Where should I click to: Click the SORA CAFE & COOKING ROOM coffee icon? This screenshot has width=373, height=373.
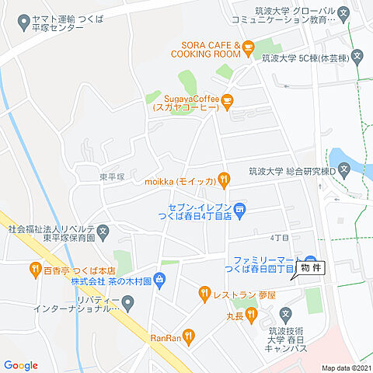(248, 49)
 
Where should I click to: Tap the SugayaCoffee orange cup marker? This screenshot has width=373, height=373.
(227, 100)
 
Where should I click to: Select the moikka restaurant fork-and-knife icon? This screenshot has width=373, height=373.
(224, 180)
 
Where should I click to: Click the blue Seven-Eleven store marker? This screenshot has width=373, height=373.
(240, 207)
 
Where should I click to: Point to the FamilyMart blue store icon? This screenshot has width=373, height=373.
(311, 261)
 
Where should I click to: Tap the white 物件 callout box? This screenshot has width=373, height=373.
(310, 268)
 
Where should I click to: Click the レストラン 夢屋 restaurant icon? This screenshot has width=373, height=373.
(205, 293)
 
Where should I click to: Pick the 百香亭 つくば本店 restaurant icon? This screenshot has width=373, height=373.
(35, 270)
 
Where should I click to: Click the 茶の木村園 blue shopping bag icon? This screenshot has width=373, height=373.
(159, 278)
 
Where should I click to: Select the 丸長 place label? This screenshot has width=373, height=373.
(235, 316)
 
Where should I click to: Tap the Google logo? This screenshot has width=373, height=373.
(20, 365)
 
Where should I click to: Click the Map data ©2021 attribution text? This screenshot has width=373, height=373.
(347, 368)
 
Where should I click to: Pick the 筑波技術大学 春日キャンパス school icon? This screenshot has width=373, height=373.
(285, 314)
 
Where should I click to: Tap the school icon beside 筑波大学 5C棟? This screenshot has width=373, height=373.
(357, 56)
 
